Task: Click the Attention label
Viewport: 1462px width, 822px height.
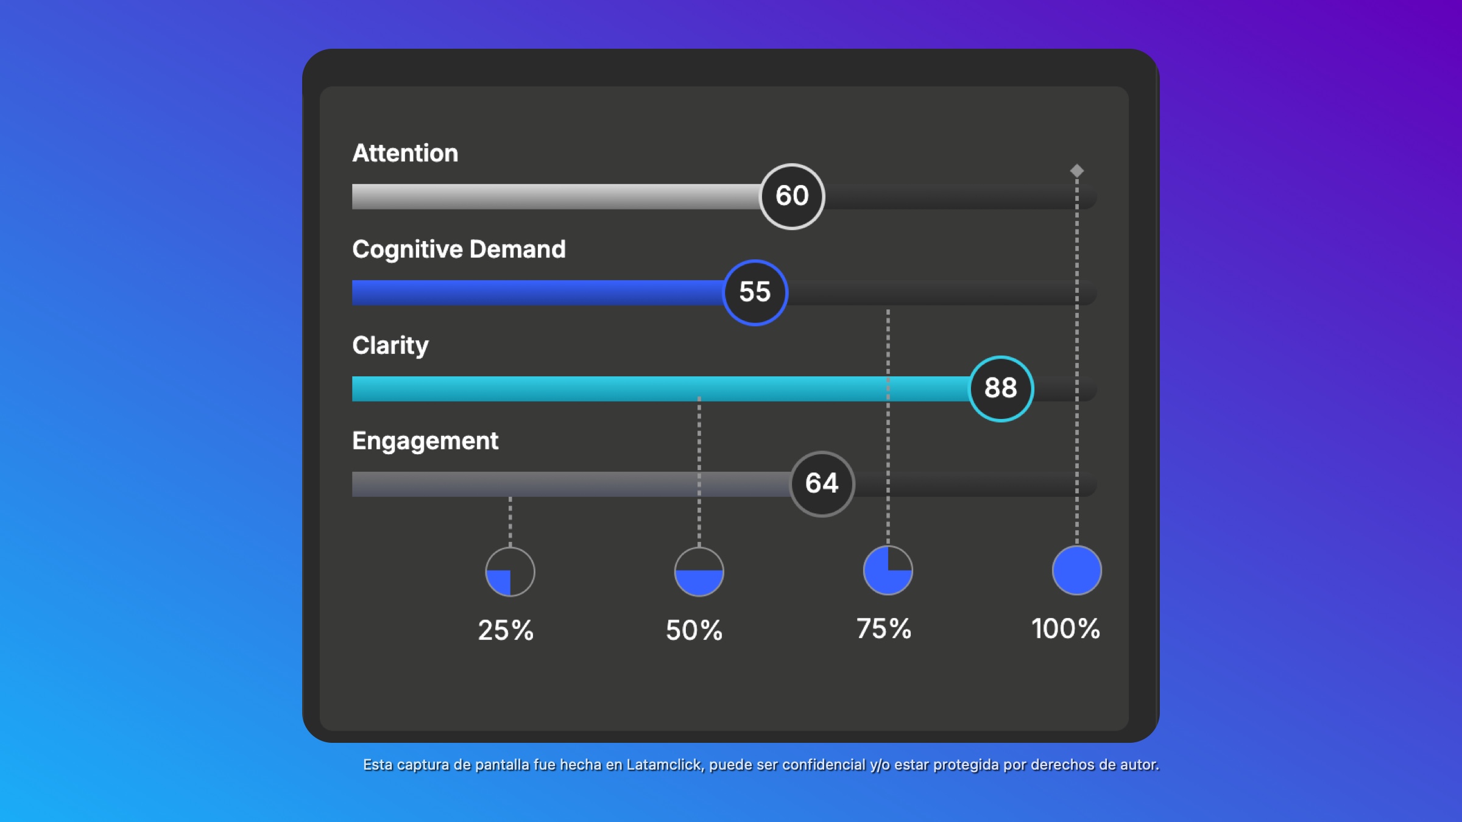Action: tap(405, 153)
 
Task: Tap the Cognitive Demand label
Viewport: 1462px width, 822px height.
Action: tap(459, 250)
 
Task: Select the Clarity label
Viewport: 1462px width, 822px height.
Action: tap(390, 346)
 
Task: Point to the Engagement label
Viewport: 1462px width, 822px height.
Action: tap(425, 441)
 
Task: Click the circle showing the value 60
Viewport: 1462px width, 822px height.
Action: tap(792, 196)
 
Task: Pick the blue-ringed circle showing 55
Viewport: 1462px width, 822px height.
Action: tap(755, 292)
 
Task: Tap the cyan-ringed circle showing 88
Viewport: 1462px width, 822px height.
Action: tap(1001, 388)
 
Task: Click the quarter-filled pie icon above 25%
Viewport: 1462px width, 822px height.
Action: tap(510, 572)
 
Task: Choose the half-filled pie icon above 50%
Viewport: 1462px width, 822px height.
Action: tap(699, 572)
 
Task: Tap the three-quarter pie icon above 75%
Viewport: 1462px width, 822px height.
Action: tap(888, 571)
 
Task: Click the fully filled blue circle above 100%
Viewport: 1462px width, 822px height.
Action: tap(1076, 571)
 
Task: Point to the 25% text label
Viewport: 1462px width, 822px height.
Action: tap(506, 630)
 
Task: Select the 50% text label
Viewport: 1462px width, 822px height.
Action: tap(694, 630)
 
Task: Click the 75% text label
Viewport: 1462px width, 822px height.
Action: tap(883, 629)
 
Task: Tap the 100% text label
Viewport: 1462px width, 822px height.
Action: tap(1065, 629)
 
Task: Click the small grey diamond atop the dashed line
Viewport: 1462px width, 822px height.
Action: tap(1077, 170)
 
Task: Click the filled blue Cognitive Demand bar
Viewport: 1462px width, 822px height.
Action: tap(536, 293)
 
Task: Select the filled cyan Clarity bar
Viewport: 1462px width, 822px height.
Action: tap(658, 388)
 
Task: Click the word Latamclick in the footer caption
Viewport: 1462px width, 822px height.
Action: tap(664, 765)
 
